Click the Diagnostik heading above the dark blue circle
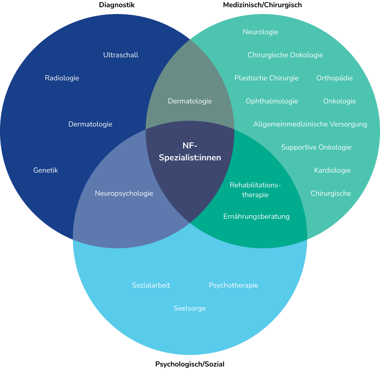click(x=117, y=5)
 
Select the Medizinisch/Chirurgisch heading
click(x=262, y=5)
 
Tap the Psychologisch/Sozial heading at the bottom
click(x=190, y=364)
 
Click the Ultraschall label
click(x=121, y=55)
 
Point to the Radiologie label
click(x=62, y=78)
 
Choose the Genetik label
click(x=45, y=170)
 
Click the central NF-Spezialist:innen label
click(x=190, y=152)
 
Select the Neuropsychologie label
click(x=124, y=194)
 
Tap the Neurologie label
click(x=260, y=32)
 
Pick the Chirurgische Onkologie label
click(x=285, y=55)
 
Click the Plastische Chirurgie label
click(x=266, y=78)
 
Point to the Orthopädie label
click(x=335, y=78)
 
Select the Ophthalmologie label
click(x=272, y=101)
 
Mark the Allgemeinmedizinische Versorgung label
click(x=310, y=124)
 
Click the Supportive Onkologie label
click(x=316, y=147)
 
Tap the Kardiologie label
click(x=332, y=170)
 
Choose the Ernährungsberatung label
click(x=256, y=217)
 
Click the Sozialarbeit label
click(x=151, y=285)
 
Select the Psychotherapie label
click(x=234, y=285)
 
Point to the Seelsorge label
click(x=190, y=308)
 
